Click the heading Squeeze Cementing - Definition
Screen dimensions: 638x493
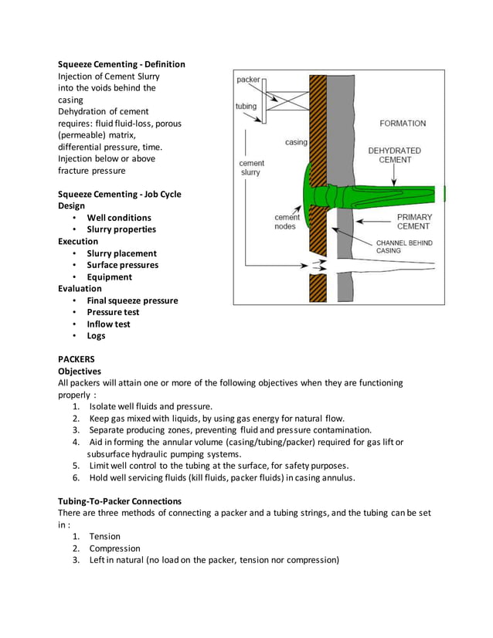point(121,64)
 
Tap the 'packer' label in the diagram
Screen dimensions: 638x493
point(248,80)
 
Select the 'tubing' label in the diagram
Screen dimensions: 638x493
point(246,107)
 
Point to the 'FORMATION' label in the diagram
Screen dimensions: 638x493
point(402,123)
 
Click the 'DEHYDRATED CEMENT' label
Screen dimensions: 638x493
point(394,155)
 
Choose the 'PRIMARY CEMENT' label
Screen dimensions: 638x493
point(414,222)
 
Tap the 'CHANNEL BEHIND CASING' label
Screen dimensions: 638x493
point(404,246)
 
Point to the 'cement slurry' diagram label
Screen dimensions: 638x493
point(251,168)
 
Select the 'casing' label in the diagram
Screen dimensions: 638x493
point(296,142)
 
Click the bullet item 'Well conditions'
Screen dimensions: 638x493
point(118,218)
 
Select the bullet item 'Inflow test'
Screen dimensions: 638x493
point(108,324)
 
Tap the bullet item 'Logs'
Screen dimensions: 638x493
point(96,336)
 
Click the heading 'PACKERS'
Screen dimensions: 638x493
point(78,360)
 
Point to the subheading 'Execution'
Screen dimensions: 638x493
point(78,242)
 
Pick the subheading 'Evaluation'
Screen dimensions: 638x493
point(80,289)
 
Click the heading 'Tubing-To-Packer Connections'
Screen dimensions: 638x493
point(120,501)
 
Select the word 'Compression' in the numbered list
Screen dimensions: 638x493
point(114,548)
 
